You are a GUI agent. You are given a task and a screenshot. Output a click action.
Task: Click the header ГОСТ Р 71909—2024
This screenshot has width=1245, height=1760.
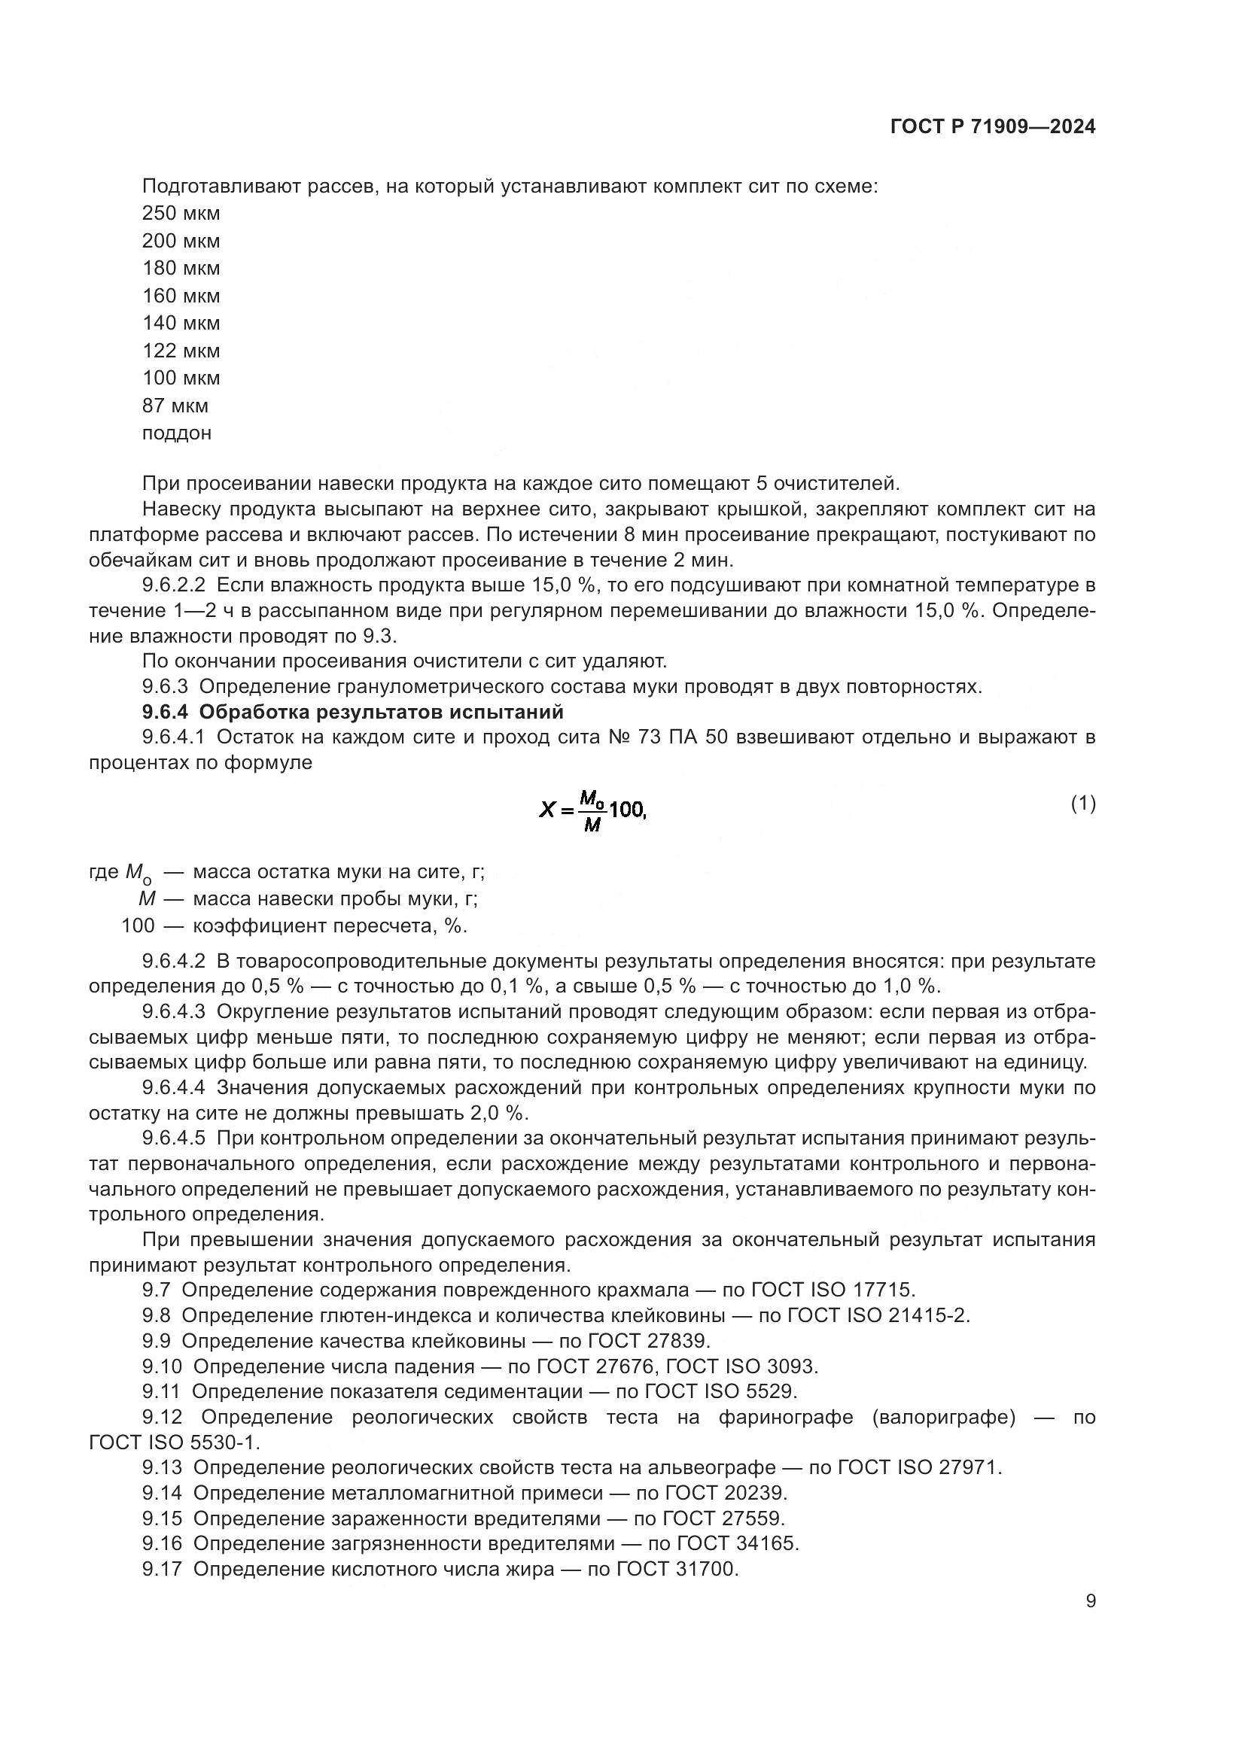tap(993, 127)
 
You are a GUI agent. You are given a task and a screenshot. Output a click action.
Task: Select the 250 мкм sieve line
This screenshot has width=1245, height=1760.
tap(181, 213)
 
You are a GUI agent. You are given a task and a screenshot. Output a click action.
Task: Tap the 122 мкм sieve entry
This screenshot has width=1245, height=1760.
tap(181, 351)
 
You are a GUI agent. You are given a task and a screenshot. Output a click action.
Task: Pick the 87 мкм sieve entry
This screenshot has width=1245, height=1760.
tap(175, 406)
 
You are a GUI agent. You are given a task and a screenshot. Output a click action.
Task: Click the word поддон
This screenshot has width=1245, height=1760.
tap(176, 433)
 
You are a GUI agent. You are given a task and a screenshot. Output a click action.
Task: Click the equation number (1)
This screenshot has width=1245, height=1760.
tap(1082, 804)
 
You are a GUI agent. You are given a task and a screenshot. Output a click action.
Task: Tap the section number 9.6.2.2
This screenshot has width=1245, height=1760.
tap(174, 585)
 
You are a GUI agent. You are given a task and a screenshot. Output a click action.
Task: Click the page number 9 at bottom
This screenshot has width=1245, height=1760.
tap(1090, 1601)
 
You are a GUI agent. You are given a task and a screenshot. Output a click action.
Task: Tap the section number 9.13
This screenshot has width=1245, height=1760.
tap(162, 1468)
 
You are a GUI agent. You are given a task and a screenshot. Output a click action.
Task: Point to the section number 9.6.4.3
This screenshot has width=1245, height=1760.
tap(174, 1012)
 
